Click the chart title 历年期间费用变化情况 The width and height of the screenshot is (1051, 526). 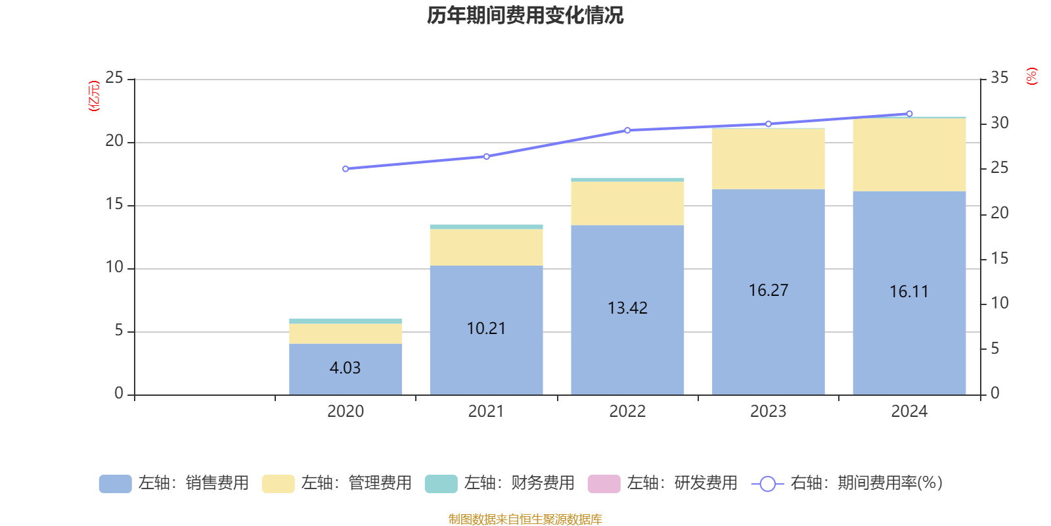525,16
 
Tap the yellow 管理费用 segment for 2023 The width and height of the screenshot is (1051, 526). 769,159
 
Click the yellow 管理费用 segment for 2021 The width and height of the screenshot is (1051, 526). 486,247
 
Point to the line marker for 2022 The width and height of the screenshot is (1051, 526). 627,130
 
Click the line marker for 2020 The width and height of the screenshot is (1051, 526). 346,169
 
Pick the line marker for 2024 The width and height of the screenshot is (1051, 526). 909,114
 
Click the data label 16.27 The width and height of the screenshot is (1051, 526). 769,290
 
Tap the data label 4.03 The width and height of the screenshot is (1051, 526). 346,368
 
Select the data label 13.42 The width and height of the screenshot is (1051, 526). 627,308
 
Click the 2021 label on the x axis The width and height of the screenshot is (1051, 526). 486,412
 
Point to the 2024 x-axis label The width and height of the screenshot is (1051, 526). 909,412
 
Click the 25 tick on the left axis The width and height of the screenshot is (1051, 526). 114,78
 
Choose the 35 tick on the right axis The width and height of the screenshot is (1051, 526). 999,78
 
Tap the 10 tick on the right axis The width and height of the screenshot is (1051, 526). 999,303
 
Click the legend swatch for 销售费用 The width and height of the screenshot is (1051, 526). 115,483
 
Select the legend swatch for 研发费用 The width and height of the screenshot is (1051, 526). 604,483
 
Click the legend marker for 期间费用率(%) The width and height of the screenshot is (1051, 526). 767,484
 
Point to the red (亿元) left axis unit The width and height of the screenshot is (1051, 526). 94,96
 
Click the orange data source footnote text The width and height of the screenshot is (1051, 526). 525,519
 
